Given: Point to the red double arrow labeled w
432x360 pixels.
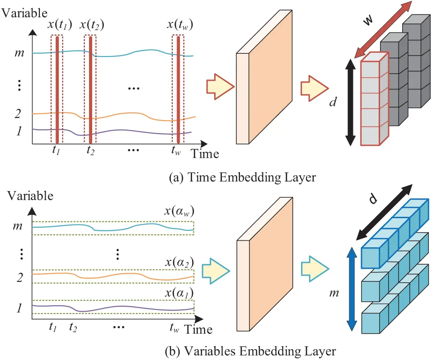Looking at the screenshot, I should click(x=383, y=29).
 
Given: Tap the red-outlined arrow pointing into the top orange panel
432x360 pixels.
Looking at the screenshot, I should click(x=219, y=87).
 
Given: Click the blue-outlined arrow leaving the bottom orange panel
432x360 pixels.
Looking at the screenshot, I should click(x=315, y=270).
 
